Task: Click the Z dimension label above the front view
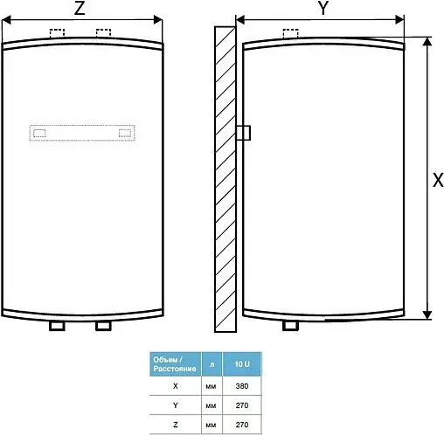[x=80, y=10]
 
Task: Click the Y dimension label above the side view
[x=323, y=10]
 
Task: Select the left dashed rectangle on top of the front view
[x=59, y=34]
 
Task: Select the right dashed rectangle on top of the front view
[x=103, y=34]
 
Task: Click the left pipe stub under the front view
[x=59, y=326]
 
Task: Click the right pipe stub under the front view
[x=103, y=326]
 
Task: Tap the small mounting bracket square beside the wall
[x=244, y=132]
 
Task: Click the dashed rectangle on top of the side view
[x=290, y=34]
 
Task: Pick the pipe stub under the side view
[x=290, y=326]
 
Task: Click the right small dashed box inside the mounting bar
[x=125, y=134]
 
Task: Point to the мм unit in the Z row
[x=211, y=425]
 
